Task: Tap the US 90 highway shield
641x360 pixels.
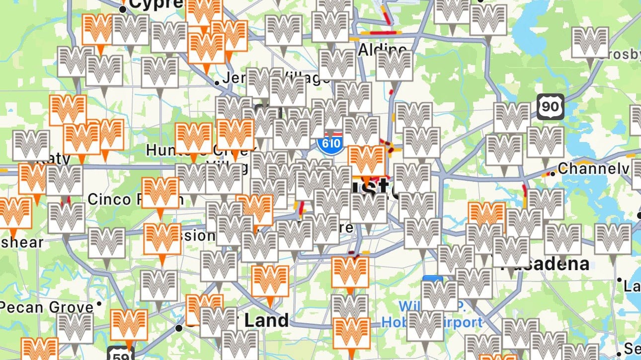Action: (x=550, y=106)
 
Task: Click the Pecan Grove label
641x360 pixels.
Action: (x=47, y=307)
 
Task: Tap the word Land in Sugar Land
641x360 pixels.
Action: (x=266, y=320)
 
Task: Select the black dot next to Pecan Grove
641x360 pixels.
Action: (x=99, y=303)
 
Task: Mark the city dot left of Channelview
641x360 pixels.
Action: (x=553, y=174)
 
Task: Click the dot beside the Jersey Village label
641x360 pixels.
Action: (x=217, y=82)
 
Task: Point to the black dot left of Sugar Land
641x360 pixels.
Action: (x=179, y=328)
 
